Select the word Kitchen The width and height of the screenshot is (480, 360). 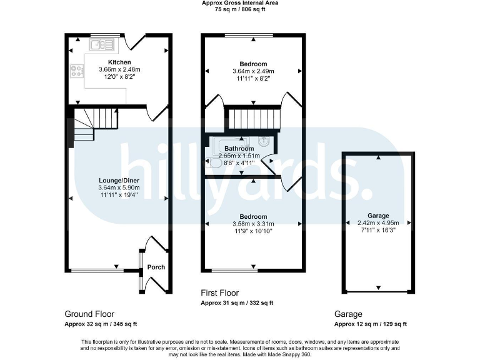pyautogui.click(x=119, y=62)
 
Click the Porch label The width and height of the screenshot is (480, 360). pyautogui.click(x=156, y=267)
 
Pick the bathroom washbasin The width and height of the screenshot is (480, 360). pyautogui.click(x=266, y=141)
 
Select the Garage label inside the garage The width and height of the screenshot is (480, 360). pyautogui.click(x=378, y=214)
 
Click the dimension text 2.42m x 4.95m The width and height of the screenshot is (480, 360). pyautogui.click(x=378, y=222)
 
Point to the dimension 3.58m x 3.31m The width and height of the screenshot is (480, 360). pyautogui.click(x=253, y=224)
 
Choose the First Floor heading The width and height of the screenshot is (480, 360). pyautogui.click(x=219, y=293)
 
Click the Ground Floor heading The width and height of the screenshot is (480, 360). pyautogui.click(x=89, y=314)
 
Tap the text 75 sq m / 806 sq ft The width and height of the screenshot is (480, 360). pyautogui.click(x=240, y=10)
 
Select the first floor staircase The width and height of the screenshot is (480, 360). pyautogui.click(x=253, y=117)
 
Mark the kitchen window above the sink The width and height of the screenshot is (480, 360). pyautogui.click(x=100, y=34)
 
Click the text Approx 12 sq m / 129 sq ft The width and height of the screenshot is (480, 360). pyautogui.click(x=370, y=324)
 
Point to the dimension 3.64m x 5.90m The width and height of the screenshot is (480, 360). pyautogui.click(x=119, y=187)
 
